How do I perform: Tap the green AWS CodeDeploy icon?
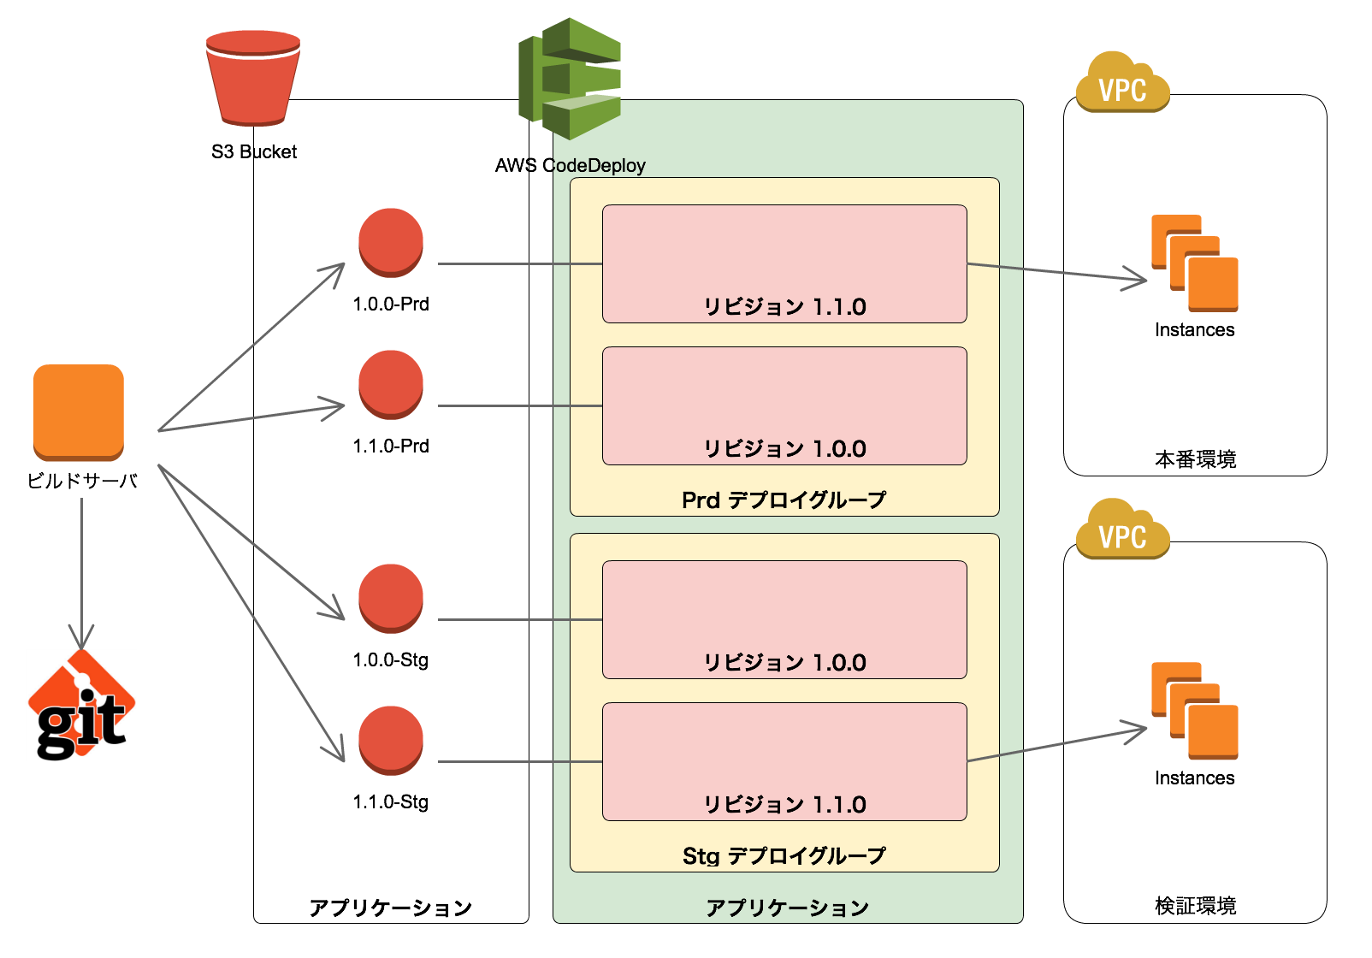click(x=569, y=79)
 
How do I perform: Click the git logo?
click(x=82, y=707)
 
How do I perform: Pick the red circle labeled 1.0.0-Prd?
click(x=391, y=243)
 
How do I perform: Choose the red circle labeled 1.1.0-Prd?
click(x=391, y=385)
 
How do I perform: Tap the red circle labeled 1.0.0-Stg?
click(x=391, y=599)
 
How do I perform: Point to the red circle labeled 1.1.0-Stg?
click(x=391, y=741)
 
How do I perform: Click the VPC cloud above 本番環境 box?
click(x=1122, y=84)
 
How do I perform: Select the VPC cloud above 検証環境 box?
click(x=1122, y=530)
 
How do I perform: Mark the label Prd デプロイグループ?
click(x=784, y=500)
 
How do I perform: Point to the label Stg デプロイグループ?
click(x=784, y=855)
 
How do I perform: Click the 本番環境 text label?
click(x=1195, y=459)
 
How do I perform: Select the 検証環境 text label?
click(x=1195, y=906)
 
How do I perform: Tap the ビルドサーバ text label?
click(x=82, y=481)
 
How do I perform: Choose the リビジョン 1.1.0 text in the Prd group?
click(x=784, y=307)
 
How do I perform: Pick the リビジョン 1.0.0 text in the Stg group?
click(x=784, y=663)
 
